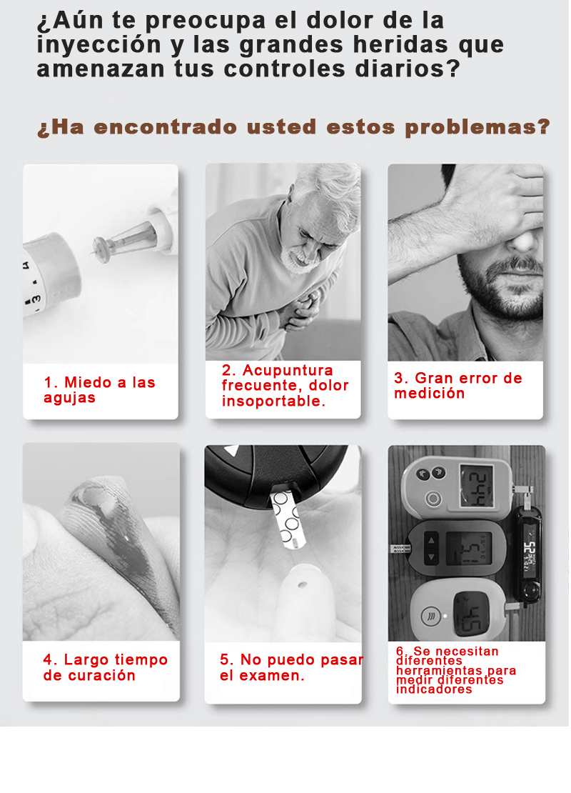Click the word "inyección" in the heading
99,45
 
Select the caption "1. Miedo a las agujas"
99,390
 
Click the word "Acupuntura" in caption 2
288,370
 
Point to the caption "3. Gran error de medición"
458,385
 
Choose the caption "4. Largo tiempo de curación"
105,667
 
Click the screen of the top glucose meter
477,487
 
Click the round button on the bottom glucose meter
430,617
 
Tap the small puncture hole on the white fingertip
303,585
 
